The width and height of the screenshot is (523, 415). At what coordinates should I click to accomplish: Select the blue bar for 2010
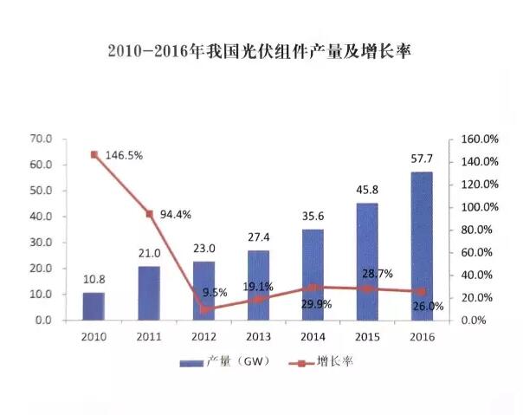pos(94,306)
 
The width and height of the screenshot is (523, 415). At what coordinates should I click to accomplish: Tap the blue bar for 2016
pos(422,246)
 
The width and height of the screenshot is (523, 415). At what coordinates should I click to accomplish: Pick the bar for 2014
pos(313,275)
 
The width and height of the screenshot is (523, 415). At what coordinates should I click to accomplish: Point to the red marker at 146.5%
pos(94,154)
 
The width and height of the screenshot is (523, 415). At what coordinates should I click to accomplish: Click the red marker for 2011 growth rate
pos(149,213)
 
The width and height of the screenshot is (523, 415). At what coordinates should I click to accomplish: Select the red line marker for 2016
pos(422,291)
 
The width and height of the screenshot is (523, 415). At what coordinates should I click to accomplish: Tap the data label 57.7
pos(422,159)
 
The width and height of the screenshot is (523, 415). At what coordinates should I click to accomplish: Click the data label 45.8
pos(367,191)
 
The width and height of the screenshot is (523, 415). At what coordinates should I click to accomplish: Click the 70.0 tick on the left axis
pos(41,139)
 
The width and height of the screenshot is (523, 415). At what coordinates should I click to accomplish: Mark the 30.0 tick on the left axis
pos(41,243)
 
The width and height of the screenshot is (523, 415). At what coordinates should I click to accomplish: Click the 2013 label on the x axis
pos(258,334)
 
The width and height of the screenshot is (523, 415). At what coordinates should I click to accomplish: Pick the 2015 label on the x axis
pos(367,334)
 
